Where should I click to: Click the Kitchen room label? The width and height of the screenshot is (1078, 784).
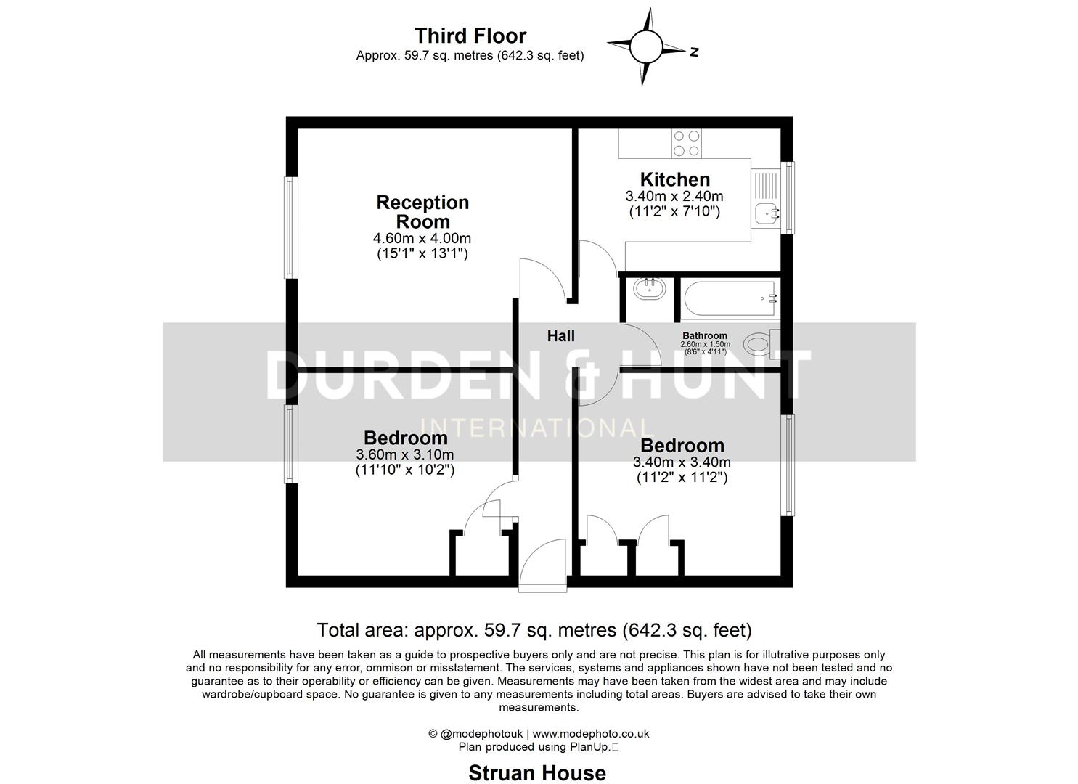click(x=674, y=179)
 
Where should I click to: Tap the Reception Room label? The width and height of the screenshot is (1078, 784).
click(x=422, y=212)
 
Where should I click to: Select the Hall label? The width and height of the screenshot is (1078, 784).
click(x=560, y=335)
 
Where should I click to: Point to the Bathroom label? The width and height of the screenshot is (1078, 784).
click(x=704, y=336)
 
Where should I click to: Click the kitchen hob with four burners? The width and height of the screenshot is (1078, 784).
click(x=686, y=143)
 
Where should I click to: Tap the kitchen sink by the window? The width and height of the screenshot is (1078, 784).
click(x=767, y=212)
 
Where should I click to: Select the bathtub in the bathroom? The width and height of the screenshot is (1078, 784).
click(x=730, y=298)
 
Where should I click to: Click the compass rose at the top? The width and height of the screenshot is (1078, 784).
click(x=645, y=47)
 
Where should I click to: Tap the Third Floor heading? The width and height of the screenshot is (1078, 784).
click(x=470, y=36)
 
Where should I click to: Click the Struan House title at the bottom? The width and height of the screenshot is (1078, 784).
click(x=536, y=773)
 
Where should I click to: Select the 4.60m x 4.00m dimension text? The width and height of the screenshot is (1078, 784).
click(x=422, y=238)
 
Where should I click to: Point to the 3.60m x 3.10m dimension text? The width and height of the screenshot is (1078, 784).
click(x=405, y=454)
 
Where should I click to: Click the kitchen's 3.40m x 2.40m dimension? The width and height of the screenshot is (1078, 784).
click(x=674, y=196)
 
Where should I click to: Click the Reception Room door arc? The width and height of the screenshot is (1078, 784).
click(x=541, y=279)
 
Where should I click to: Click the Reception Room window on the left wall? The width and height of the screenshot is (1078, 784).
click(x=290, y=227)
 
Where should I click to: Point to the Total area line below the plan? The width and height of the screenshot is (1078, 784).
click(x=534, y=629)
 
